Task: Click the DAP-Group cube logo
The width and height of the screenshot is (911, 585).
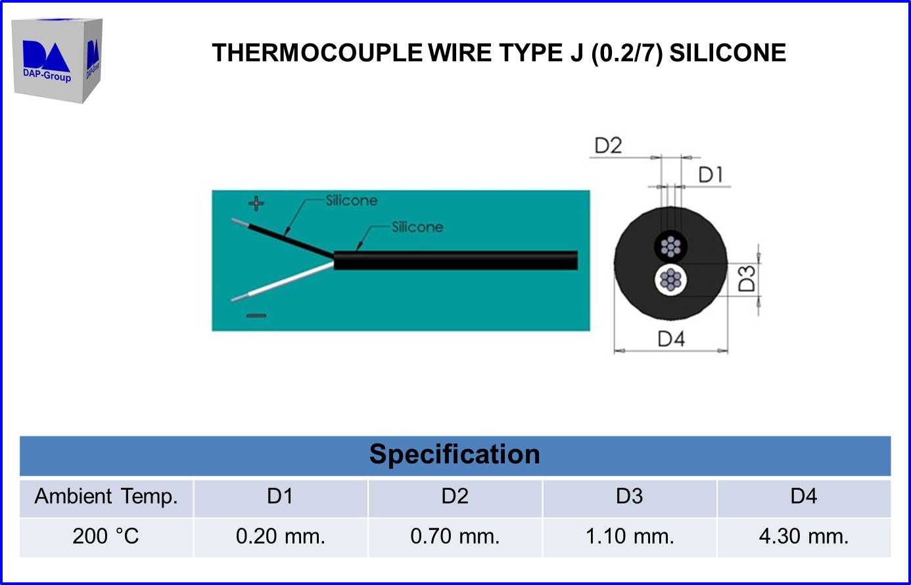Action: click(57, 60)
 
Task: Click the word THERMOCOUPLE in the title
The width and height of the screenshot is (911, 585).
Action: click(317, 53)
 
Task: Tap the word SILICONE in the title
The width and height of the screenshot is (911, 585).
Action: click(728, 53)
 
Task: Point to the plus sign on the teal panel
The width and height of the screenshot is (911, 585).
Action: click(256, 203)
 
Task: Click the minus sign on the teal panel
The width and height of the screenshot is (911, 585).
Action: click(256, 316)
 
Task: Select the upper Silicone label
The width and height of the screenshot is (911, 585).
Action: click(352, 200)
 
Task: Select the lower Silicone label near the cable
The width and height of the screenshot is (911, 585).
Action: click(417, 227)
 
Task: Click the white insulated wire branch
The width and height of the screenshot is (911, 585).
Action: click(283, 281)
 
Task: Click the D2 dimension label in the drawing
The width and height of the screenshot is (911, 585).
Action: click(608, 145)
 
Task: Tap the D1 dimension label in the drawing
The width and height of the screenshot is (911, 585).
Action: click(711, 175)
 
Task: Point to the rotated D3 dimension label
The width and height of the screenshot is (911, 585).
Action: click(747, 279)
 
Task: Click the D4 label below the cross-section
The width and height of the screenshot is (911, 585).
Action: click(671, 339)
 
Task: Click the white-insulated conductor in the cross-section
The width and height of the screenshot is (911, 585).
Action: click(670, 280)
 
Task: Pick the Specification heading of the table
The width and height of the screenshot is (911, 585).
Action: click(455, 454)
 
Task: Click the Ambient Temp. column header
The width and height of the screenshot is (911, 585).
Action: click(106, 496)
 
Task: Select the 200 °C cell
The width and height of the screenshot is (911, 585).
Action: click(106, 536)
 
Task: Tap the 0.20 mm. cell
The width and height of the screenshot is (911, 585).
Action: click(281, 536)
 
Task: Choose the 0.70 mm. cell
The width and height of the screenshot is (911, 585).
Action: click(455, 536)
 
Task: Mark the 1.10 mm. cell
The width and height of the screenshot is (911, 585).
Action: click(630, 536)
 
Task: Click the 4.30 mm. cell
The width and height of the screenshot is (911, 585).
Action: click(804, 536)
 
